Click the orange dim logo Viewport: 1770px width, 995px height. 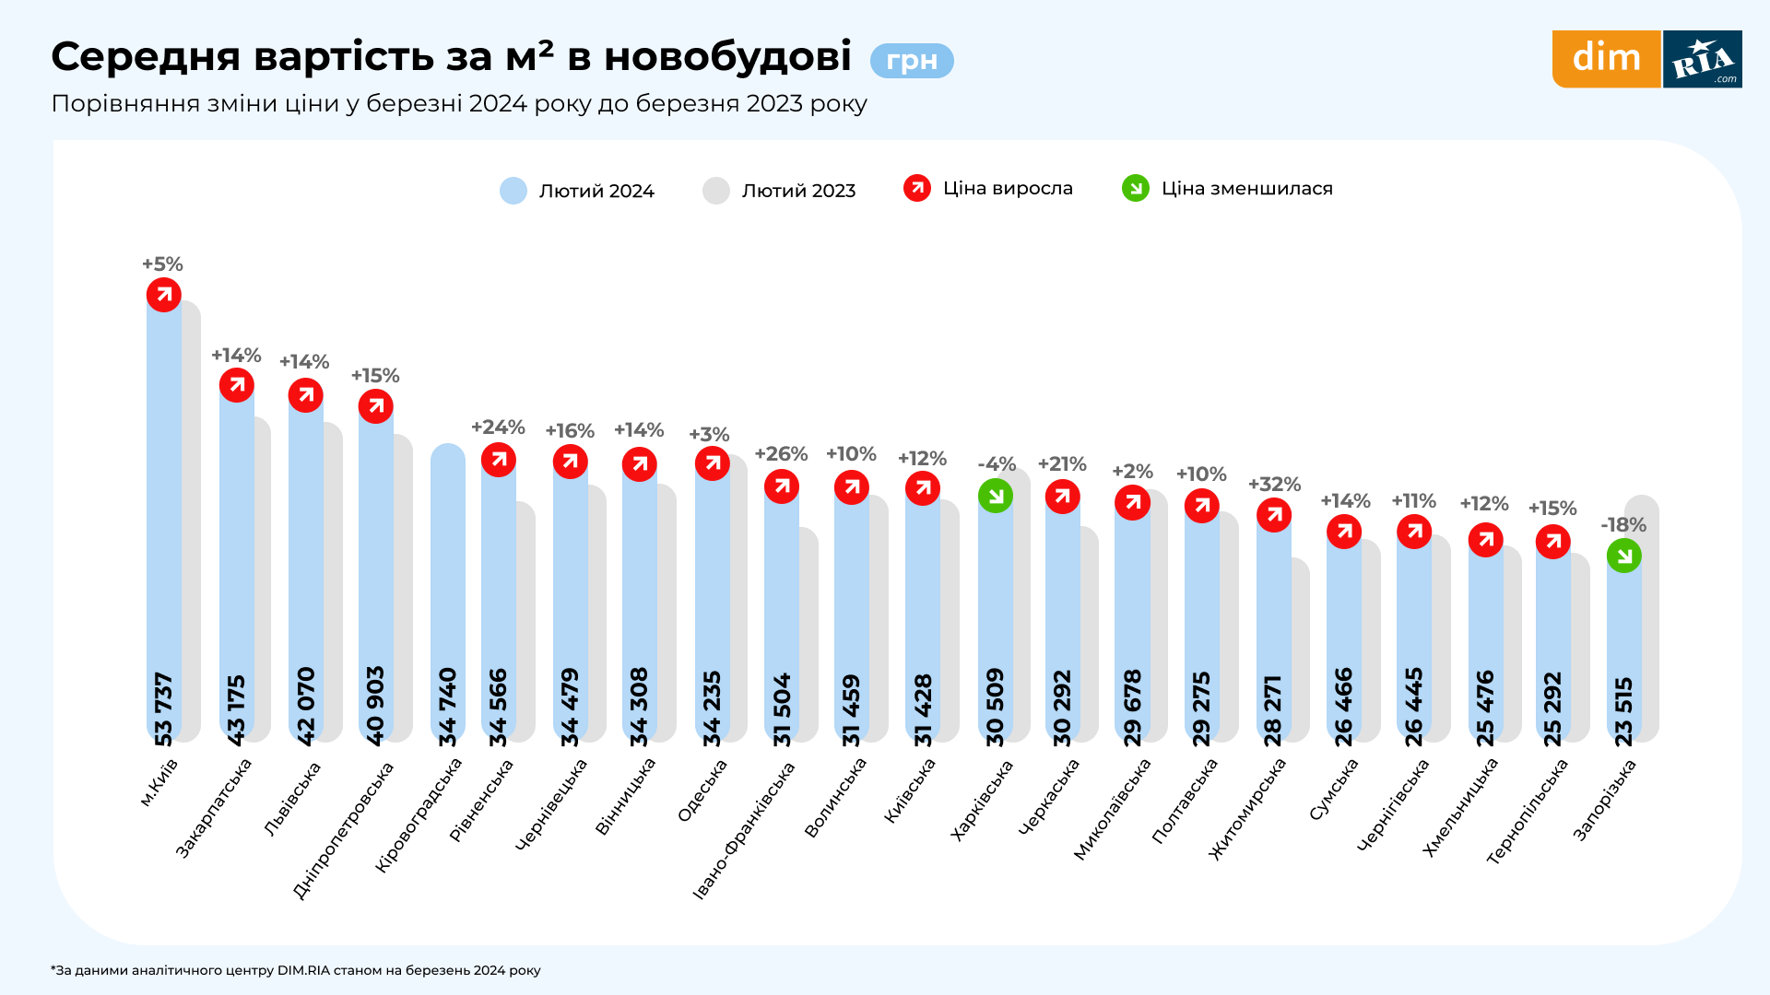tap(1606, 59)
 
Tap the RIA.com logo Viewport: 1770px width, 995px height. tap(1703, 59)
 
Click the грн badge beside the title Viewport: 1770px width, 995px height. tap(911, 61)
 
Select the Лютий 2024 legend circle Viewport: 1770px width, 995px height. tap(513, 191)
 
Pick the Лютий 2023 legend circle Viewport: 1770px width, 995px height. tap(716, 191)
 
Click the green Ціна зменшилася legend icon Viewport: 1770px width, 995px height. tap(1135, 188)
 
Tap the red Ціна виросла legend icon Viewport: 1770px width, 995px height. tap(917, 188)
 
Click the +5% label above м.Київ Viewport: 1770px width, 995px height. tap(162, 264)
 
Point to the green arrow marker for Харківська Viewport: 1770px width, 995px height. tap(996, 496)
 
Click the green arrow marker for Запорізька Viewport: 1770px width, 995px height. tap(1623, 556)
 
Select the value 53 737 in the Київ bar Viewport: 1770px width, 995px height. tap(163, 708)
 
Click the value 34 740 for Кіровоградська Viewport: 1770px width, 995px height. tap(448, 707)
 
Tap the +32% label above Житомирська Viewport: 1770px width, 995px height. tap(1274, 485)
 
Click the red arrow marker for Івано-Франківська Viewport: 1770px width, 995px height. tap(782, 486)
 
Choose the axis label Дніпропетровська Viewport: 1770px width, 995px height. tap(343, 829)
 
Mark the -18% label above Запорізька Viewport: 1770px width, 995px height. tap(1623, 525)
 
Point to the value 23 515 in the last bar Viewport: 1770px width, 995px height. tap(1623, 710)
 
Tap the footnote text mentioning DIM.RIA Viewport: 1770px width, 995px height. tap(296, 970)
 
